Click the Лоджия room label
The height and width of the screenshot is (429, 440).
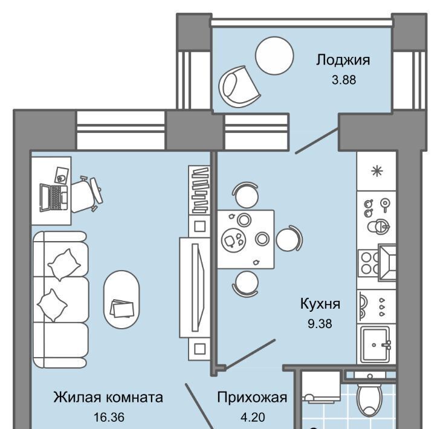pos(343,60)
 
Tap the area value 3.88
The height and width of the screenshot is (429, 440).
pos(344,80)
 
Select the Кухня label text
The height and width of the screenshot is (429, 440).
pos(320,304)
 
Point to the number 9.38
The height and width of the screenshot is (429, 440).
pos(320,324)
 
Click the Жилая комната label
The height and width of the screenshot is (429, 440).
pos(108,398)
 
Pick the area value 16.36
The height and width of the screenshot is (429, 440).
pos(109,417)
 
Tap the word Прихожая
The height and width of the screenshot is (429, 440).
pos(252,398)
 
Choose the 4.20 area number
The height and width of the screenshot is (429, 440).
pos(253,417)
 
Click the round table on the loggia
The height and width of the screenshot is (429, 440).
pos(274,56)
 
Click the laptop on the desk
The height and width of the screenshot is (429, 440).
pos(54,198)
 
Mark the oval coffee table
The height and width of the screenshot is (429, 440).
pos(121,299)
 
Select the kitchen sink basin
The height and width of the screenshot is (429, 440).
pos(375,344)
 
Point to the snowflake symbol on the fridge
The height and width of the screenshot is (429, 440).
pos(377,171)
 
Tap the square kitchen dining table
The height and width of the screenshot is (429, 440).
pos(245,239)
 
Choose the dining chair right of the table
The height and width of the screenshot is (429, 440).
pos(290,239)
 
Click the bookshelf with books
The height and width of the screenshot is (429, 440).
pos(199,190)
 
